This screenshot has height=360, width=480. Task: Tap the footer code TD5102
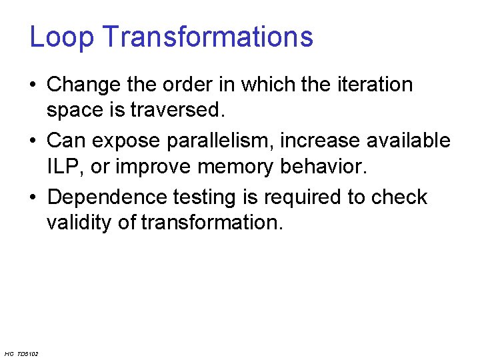(x=28, y=353)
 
